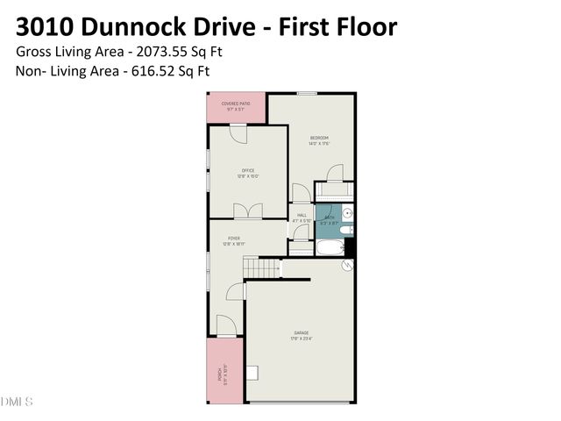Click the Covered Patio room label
[237, 106]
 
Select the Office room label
[248, 174]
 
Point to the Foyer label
[234, 240]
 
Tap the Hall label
[302, 217]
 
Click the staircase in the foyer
[261, 268]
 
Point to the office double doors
[247, 211]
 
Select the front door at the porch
[224, 325]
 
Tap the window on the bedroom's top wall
[307, 93]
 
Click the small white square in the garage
[253, 373]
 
